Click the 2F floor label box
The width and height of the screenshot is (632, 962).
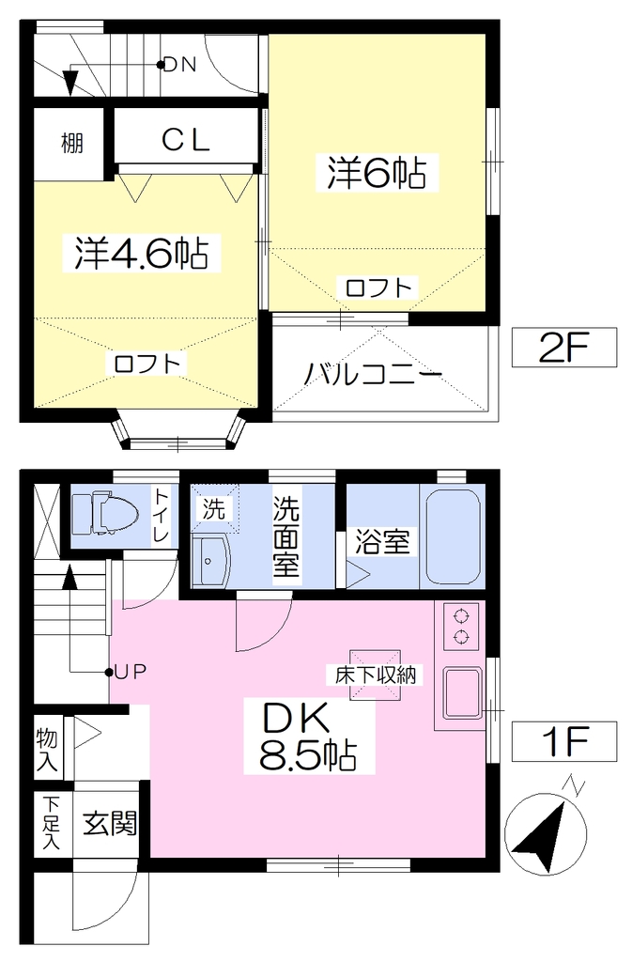pyautogui.click(x=564, y=348)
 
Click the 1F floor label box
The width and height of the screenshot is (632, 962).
pyautogui.click(x=564, y=741)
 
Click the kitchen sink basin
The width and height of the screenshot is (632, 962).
pyautogui.click(x=462, y=692)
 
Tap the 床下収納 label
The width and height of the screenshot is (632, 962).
pyautogui.click(x=375, y=675)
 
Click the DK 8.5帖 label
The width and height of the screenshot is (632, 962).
pyautogui.click(x=308, y=737)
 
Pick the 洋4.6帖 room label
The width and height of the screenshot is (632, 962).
pyautogui.click(x=141, y=252)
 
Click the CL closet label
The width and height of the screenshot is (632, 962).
pyautogui.click(x=186, y=141)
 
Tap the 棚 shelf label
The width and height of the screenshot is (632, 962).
pyautogui.click(x=71, y=144)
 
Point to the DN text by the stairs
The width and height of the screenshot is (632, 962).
pyautogui.click(x=179, y=65)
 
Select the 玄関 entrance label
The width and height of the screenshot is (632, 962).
pyautogui.click(x=110, y=823)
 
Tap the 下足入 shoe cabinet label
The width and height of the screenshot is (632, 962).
pyautogui.click(x=52, y=823)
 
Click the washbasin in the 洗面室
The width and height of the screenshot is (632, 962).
pyautogui.click(x=209, y=561)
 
